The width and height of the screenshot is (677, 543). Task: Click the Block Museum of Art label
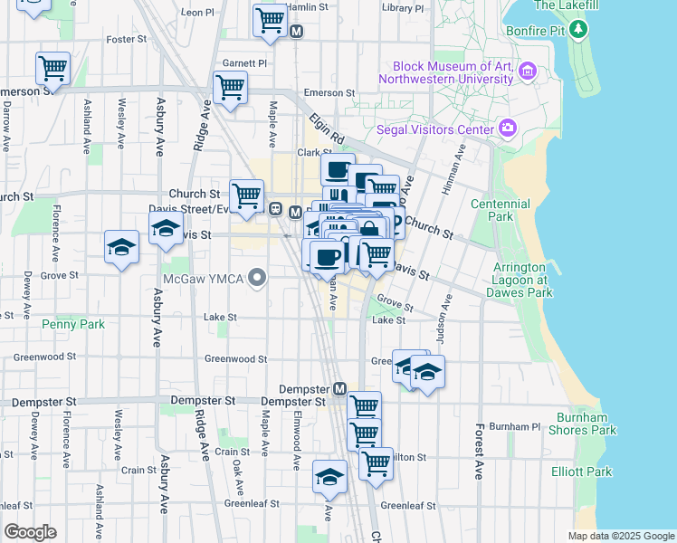(x=453, y=72)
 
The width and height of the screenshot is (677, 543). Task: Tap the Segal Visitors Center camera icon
(x=508, y=129)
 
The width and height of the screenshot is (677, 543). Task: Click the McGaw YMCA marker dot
(x=257, y=277)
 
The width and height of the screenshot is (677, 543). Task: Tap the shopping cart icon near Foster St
(x=52, y=68)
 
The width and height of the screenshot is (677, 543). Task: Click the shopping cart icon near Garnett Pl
(x=230, y=88)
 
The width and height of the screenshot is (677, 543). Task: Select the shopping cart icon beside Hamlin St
(x=270, y=19)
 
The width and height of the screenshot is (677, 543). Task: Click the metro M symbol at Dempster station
(x=340, y=388)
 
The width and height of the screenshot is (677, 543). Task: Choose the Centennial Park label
(x=501, y=211)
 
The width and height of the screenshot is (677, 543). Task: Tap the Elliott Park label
(x=581, y=472)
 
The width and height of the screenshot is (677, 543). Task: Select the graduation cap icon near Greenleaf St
(x=329, y=476)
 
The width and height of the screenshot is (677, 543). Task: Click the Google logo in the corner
(x=30, y=532)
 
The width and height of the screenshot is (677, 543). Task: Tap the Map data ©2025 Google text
(x=620, y=536)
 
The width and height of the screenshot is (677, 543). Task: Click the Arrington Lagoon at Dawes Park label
(x=522, y=281)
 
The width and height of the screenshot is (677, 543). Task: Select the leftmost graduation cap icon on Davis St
(x=121, y=247)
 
